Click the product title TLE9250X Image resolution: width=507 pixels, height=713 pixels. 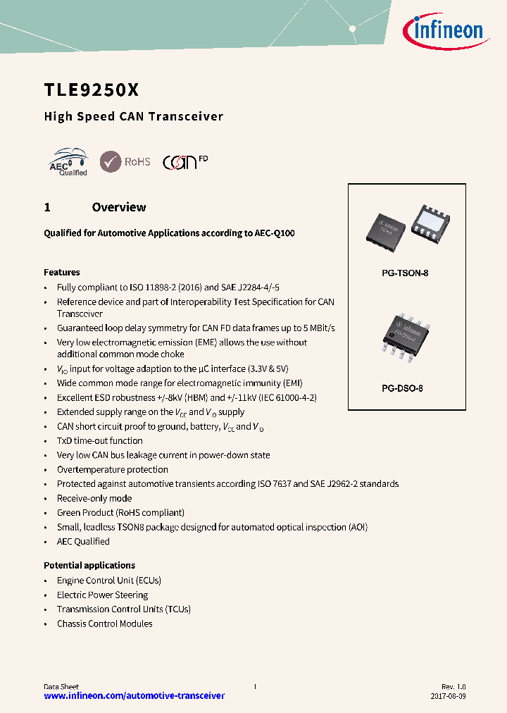tap(92, 90)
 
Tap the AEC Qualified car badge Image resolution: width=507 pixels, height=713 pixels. tap(68, 162)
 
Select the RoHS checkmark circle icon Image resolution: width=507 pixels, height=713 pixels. tap(111, 161)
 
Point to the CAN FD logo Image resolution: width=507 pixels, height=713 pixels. tap(185, 161)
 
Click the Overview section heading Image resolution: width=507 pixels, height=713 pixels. tap(119, 207)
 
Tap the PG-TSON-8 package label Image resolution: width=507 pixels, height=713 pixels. tap(400, 273)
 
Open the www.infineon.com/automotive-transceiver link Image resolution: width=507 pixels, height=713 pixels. tap(134, 695)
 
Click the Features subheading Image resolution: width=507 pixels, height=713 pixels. tap(62, 272)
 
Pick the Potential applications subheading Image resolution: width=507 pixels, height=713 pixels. tap(89, 565)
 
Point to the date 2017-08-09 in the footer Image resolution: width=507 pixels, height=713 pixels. tap(447, 695)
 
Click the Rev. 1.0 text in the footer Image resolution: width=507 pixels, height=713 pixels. tap(453, 686)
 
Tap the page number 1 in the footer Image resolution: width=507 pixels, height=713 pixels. tap(255, 686)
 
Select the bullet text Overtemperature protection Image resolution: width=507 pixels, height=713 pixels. tap(113, 469)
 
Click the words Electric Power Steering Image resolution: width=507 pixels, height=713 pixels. tap(102, 595)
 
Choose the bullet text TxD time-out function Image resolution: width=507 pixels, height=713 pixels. tap(100, 440)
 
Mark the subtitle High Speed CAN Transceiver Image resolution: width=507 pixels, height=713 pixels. tap(134, 117)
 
